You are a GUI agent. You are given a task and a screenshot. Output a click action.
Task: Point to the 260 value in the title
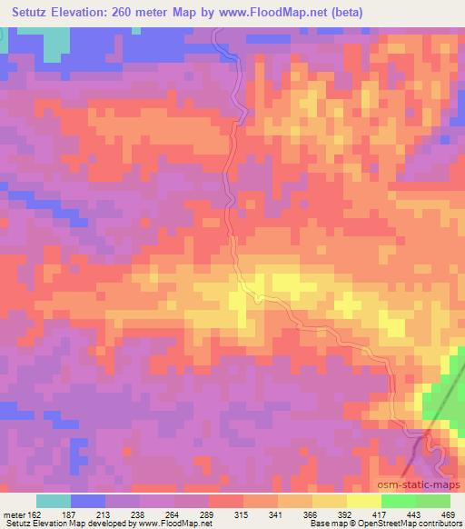(x=130, y=12)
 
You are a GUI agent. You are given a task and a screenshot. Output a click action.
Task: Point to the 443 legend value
(x=413, y=514)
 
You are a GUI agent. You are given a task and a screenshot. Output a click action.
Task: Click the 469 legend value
(x=449, y=514)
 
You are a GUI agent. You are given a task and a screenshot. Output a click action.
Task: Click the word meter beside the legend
(x=14, y=514)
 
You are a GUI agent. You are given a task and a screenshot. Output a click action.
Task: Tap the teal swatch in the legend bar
(x=54, y=501)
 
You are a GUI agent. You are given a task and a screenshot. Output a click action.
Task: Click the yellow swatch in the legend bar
(x=363, y=501)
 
